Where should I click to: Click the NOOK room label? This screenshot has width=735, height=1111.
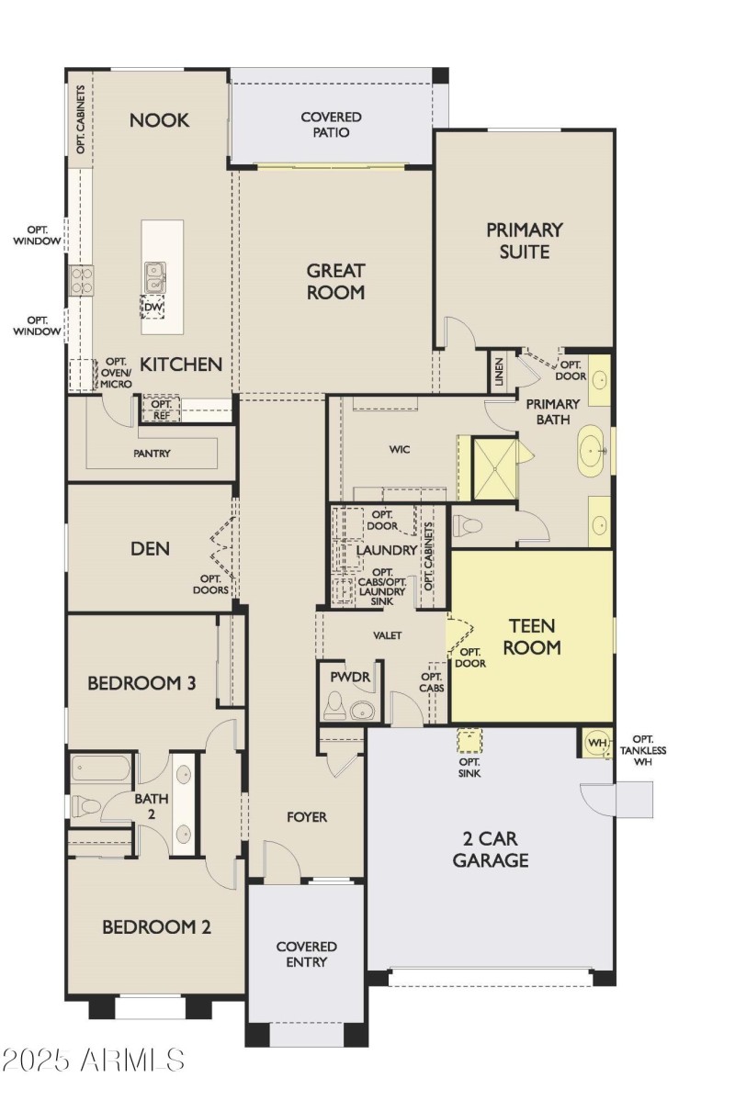tap(159, 120)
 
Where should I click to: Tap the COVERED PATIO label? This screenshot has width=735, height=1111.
tap(331, 125)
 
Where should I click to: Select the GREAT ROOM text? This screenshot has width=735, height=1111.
tap(335, 282)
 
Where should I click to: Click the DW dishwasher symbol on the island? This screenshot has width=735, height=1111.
tap(153, 307)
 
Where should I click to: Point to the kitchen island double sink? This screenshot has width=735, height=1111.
tap(155, 275)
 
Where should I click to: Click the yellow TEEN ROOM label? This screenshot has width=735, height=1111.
tap(533, 636)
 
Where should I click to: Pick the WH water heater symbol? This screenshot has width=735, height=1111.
tap(596, 742)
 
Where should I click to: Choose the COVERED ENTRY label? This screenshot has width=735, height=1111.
tap(306, 954)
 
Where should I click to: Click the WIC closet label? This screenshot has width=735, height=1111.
tap(399, 449)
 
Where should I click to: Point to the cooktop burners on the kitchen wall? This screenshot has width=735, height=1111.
tap(81, 279)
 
